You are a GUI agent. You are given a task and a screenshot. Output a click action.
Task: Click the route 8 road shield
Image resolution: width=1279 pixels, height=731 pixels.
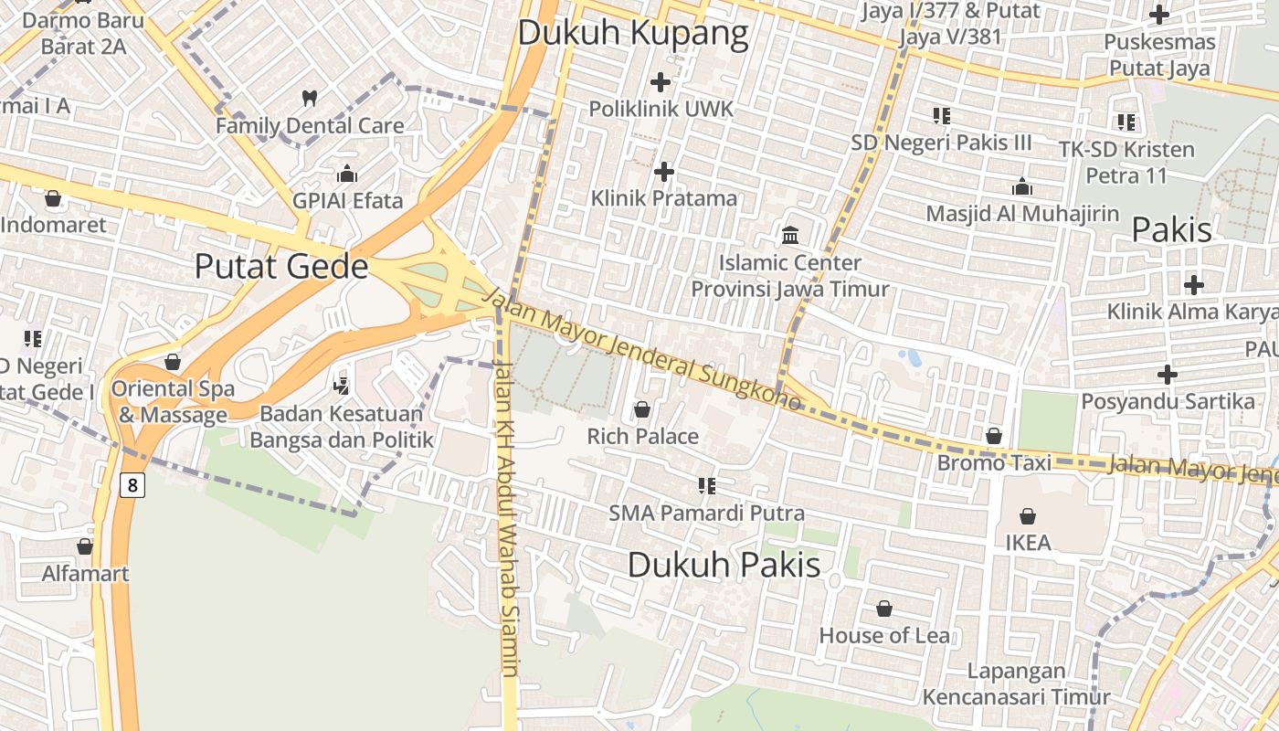132,485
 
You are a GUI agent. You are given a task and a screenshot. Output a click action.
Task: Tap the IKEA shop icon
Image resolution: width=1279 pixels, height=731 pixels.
1028,516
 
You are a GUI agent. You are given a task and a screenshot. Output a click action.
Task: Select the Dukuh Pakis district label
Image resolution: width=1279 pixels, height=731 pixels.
724,565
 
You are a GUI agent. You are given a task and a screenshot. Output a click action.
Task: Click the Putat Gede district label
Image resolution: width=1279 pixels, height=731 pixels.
281,266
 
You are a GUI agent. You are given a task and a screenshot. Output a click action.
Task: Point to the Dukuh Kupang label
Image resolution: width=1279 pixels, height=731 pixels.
633,34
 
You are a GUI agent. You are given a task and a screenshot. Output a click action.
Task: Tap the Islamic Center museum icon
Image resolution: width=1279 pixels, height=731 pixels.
790,236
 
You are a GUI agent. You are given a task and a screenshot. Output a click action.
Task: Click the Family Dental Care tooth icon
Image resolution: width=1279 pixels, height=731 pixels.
309,98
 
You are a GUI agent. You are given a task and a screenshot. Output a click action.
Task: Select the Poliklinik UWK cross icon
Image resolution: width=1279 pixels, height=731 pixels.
661,81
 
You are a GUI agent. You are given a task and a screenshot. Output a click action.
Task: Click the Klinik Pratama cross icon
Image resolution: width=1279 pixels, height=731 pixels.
664,171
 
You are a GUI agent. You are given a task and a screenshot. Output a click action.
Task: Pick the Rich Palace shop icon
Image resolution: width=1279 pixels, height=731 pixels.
642,409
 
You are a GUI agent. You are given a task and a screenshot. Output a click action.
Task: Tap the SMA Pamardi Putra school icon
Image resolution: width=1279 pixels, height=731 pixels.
706,485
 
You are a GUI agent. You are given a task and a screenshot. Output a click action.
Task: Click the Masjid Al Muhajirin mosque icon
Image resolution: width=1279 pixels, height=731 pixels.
1021,186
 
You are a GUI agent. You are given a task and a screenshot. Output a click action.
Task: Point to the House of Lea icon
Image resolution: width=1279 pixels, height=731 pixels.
883,609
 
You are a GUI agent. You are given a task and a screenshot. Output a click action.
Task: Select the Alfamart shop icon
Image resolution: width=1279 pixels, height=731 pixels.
85,546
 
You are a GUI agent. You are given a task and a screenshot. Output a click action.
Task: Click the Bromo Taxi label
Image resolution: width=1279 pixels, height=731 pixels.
994,463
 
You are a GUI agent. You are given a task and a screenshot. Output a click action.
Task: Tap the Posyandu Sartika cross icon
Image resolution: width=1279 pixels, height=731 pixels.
1167,374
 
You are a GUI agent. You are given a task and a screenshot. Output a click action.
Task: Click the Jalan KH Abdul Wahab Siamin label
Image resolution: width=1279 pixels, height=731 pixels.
508,516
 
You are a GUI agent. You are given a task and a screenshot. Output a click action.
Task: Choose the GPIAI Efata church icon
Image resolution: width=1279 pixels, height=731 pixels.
347,174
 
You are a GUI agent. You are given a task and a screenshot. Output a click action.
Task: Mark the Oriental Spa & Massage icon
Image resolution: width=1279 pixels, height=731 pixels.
173,362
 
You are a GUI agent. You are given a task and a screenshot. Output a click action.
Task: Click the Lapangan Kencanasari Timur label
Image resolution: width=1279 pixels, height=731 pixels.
1016,683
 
